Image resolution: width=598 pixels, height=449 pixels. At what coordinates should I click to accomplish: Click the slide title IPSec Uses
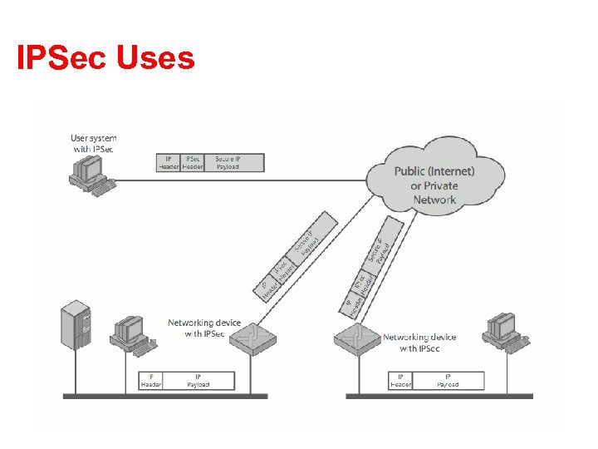coord(105,59)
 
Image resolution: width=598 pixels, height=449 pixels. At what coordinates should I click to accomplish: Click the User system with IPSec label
coord(93,143)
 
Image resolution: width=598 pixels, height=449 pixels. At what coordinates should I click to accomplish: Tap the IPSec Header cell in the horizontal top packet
coord(193,162)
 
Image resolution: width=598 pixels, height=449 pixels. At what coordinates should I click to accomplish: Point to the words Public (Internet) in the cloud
coord(434,171)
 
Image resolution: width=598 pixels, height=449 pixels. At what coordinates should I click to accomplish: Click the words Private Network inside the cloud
coord(434,193)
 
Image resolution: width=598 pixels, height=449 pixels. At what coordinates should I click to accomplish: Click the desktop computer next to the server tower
coord(131,333)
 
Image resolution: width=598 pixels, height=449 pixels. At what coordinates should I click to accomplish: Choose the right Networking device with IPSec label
coord(419,343)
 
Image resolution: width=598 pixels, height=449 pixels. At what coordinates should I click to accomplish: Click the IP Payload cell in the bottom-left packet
coord(199,381)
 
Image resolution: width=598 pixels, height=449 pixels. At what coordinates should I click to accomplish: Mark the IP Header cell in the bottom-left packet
coord(152,381)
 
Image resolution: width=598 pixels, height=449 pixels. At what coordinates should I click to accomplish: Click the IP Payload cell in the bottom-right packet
coord(448,381)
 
